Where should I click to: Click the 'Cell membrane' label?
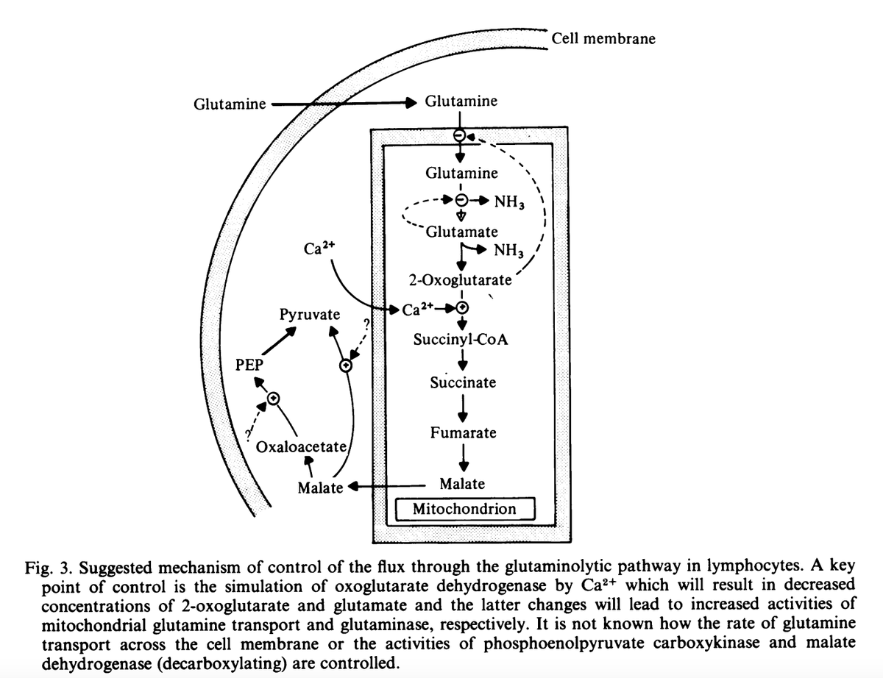click(x=603, y=38)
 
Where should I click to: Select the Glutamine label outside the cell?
click(x=230, y=104)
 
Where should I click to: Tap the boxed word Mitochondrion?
click(x=464, y=509)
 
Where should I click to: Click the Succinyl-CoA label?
click(x=461, y=340)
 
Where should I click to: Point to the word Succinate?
click(x=463, y=382)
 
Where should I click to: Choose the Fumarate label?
click(x=464, y=432)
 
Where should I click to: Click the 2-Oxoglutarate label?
click(x=460, y=280)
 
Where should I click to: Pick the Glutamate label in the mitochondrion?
click(x=462, y=232)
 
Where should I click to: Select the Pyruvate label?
click(x=310, y=315)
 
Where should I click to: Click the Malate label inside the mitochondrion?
click(x=462, y=484)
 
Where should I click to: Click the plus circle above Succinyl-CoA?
click(x=462, y=307)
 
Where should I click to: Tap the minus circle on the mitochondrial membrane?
click(x=459, y=136)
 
